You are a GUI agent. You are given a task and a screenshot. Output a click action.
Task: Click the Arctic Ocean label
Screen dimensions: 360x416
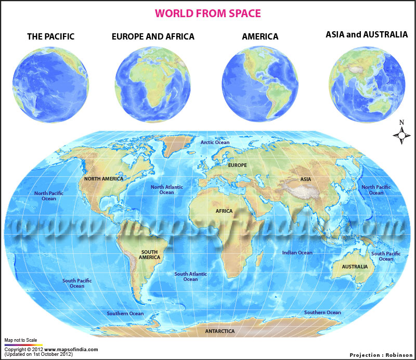[x=215, y=142]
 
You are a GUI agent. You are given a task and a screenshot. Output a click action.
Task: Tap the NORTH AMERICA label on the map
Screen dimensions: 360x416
[x=103, y=179]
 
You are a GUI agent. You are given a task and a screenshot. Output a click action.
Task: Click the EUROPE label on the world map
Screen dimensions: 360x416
[x=238, y=165]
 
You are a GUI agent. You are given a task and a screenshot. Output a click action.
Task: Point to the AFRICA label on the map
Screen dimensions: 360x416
[x=224, y=211]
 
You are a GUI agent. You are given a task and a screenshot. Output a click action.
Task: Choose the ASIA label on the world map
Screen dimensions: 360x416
[x=305, y=179]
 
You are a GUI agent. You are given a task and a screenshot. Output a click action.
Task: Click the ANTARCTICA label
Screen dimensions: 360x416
[x=219, y=331]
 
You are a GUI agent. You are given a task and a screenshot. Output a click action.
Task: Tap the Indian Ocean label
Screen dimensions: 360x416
[x=297, y=253]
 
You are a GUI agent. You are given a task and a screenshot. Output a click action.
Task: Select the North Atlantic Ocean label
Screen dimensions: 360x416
[x=166, y=189]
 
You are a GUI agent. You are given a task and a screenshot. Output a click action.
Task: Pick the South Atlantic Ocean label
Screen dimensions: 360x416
[x=190, y=276]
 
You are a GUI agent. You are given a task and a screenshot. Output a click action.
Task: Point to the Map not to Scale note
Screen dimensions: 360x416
[x=20, y=340]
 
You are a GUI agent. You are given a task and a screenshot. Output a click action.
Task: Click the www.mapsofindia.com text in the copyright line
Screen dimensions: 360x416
[x=71, y=350]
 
